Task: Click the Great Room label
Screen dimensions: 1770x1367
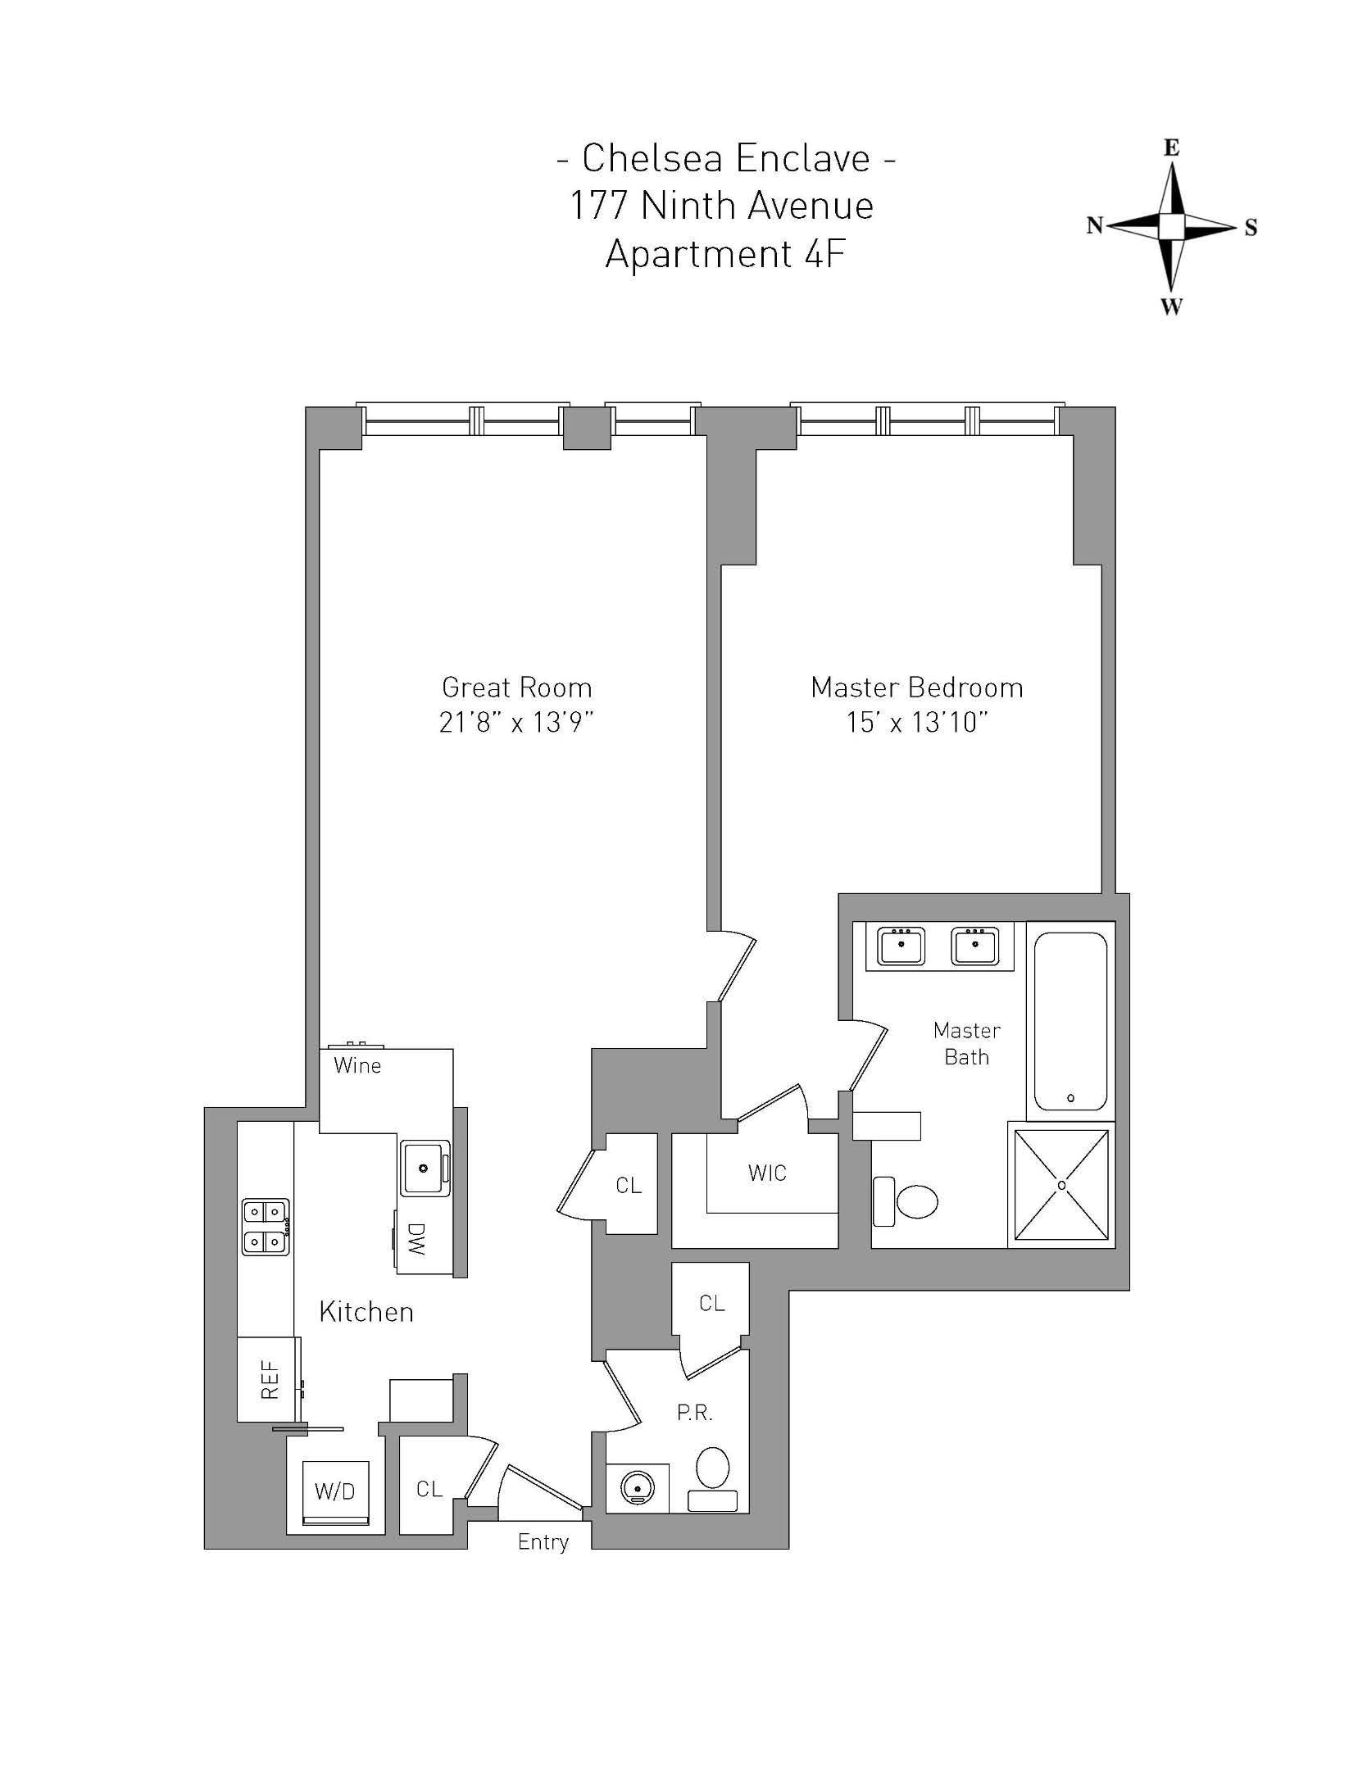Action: [x=516, y=687]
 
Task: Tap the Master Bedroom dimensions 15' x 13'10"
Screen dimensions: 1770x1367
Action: [x=916, y=723]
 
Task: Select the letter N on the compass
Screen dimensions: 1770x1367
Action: [x=1094, y=226]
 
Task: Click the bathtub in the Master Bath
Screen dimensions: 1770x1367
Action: [x=1070, y=1020]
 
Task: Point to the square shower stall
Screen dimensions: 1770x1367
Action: [x=1061, y=1185]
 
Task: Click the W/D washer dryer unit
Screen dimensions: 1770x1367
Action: [x=335, y=1491]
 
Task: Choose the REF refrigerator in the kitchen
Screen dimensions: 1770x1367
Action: [x=268, y=1380]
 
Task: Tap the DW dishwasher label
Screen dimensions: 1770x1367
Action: [x=417, y=1239]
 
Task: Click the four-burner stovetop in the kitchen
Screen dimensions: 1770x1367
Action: [x=266, y=1227]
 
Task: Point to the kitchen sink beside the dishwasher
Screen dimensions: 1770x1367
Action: [x=425, y=1167]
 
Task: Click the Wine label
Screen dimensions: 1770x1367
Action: [x=357, y=1066]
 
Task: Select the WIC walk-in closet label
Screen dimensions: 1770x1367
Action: [x=767, y=1173]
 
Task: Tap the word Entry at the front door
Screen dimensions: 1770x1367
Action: [x=543, y=1542]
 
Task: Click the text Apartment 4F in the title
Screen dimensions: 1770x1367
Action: [x=724, y=254]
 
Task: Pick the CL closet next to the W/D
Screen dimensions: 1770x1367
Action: [x=429, y=1489]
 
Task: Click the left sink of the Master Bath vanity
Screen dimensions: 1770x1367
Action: [x=901, y=946]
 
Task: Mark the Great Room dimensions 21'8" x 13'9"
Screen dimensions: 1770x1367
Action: [x=516, y=723]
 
